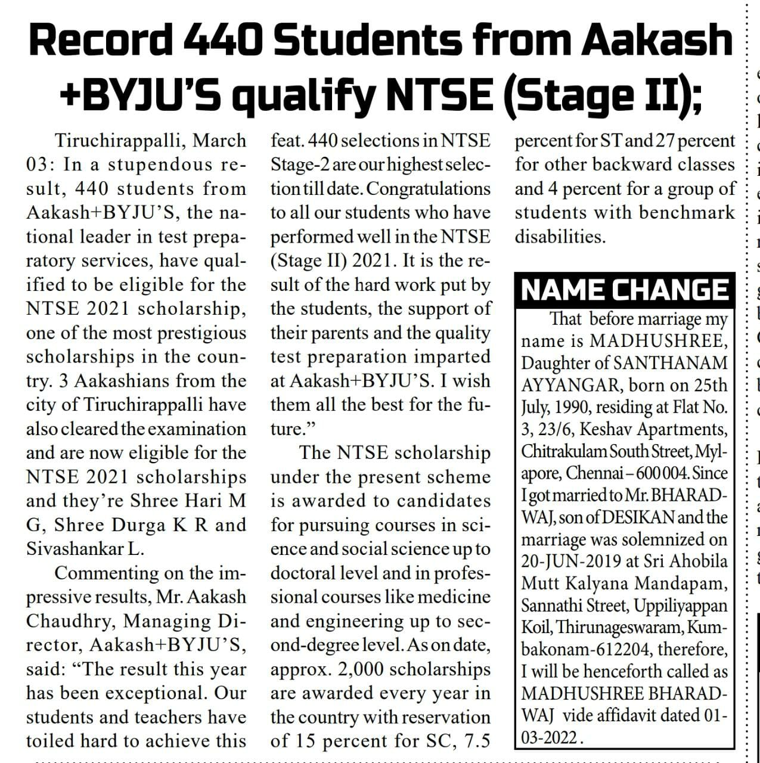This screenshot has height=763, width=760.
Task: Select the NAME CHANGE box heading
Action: click(625, 290)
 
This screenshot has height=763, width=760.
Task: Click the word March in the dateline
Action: click(220, 141)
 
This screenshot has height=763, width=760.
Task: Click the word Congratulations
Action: click(429, 189)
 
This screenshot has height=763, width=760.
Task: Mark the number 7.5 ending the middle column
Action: click(474, 742)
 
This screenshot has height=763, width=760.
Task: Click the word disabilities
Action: click(560, 237)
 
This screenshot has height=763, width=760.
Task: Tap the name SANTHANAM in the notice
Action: click(670, 363)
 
